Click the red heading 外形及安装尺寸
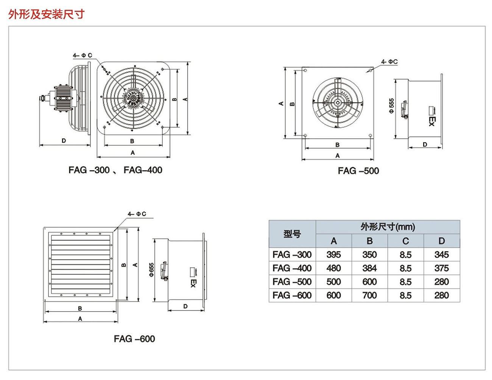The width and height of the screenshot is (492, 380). point(46,14)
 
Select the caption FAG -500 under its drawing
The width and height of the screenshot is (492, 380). point(358,171)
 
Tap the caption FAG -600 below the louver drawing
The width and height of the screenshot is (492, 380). point(134,339)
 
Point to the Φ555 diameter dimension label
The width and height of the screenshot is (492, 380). point(391,106)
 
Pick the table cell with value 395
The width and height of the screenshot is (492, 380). point(333,254)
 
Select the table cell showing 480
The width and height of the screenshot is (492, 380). point(333,268)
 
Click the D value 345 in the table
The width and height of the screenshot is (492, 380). point(441,254)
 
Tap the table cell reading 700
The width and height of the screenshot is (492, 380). point(369,295)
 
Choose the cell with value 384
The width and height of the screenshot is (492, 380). point(369,268)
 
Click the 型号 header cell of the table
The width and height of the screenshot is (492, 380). point(292,234)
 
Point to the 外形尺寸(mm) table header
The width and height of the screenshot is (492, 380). point(388,227)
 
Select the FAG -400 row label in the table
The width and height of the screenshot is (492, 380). point(292,268)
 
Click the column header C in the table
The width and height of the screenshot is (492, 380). point(405,241)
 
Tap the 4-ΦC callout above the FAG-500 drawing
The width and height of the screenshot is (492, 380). point(389,61)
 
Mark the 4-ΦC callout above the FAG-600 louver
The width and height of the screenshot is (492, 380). point(137,214)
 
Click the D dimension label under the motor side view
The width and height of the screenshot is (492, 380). point(64,141)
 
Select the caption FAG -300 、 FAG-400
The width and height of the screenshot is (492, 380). point(115,170)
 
